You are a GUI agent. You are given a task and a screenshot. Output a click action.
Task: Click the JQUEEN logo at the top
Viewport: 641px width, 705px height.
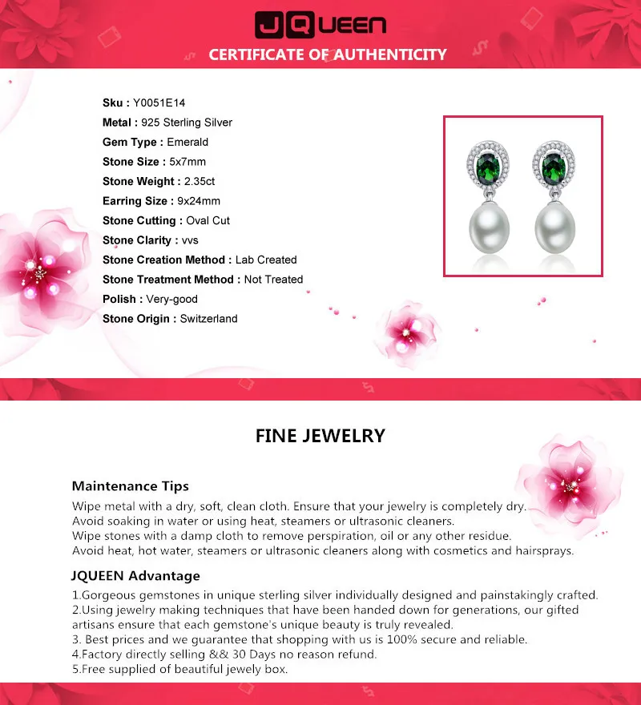320,25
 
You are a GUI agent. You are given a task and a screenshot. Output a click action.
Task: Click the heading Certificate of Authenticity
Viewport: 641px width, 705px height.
328,54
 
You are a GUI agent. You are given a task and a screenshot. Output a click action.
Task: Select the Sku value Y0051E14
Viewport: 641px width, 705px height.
159,103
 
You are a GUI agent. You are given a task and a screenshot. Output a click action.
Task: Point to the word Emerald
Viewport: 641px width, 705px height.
187,142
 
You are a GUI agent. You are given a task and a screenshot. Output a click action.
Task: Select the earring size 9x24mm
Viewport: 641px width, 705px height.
199,201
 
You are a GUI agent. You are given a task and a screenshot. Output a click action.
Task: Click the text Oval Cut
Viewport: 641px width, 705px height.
208,220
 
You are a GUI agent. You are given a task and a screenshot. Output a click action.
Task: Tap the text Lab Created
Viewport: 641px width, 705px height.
266,260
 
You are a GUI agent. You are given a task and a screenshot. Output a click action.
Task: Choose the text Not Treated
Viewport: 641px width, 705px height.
273,280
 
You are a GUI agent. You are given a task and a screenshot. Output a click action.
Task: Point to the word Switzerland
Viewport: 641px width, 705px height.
208,319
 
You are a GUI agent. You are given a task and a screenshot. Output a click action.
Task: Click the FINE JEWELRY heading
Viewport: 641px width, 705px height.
320,436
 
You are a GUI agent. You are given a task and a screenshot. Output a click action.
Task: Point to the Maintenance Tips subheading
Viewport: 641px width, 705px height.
131,486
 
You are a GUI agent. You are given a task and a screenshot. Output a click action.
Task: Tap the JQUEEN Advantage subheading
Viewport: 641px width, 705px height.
136,576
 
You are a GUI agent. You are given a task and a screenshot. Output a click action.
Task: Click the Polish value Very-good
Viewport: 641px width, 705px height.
172,299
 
